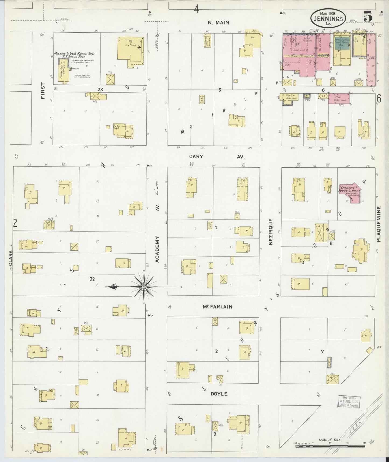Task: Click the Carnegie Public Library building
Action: pos(350,192)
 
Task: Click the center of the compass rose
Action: pos(144,287)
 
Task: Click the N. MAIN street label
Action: pos(218,23)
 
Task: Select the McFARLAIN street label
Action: pos(218,307)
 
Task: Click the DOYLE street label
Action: pos(219,394)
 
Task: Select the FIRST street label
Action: pos(43,91)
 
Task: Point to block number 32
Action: pos(92,279)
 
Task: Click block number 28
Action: pos(100,89)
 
